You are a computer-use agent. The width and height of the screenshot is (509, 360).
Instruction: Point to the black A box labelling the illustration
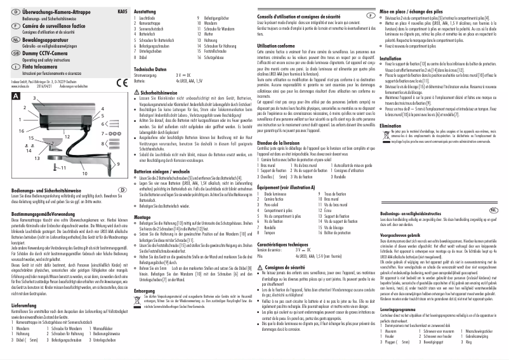(15, 94)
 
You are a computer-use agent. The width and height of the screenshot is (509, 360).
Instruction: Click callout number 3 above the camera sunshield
(34, 100)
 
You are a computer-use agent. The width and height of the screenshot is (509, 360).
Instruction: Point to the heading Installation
(390, 58)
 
